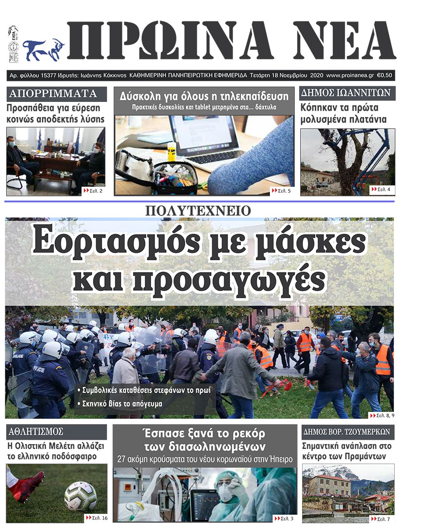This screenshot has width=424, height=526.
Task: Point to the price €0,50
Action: pyautogui.click(x=385, y=76)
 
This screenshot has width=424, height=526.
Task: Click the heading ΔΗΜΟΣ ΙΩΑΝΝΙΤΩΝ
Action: pyautogui.click(x=347, y=94)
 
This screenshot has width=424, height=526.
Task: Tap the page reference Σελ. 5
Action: pyautogui.click(x=281, y=191)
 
